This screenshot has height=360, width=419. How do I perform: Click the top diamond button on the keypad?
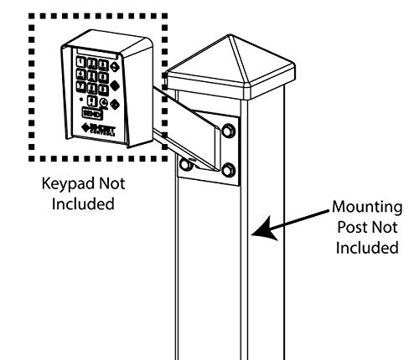[114, 67]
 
